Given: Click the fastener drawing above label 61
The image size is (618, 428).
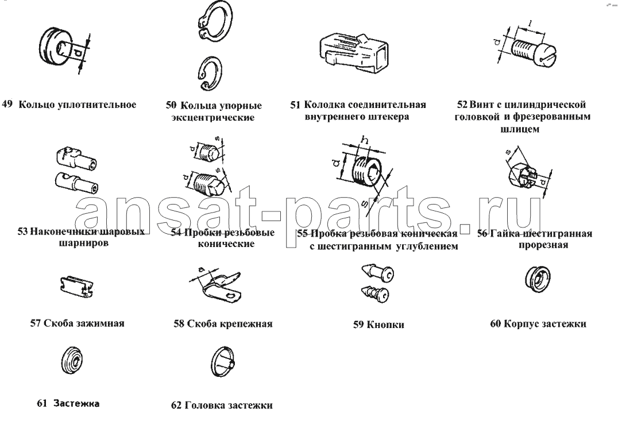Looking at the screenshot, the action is (74, 361).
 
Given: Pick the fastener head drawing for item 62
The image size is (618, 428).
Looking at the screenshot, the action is (223, 363).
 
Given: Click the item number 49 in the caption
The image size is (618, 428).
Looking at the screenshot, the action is (7, 105).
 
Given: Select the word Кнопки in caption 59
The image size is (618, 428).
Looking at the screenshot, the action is (385, 325).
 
